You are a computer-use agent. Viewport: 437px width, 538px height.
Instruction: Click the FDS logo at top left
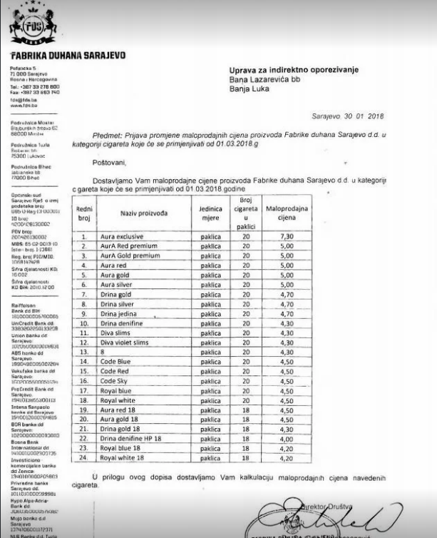28,26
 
